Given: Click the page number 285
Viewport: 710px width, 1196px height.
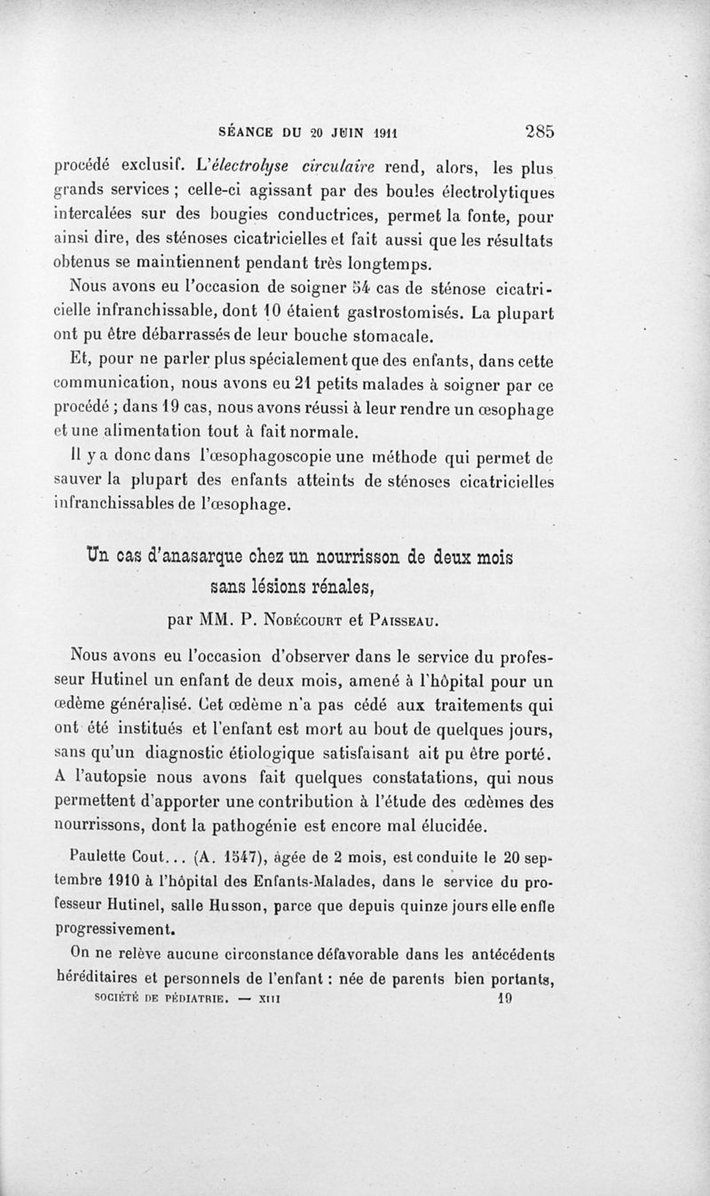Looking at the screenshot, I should pos(540,131).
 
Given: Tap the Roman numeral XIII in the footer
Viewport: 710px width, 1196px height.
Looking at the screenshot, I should pos(268,997).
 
